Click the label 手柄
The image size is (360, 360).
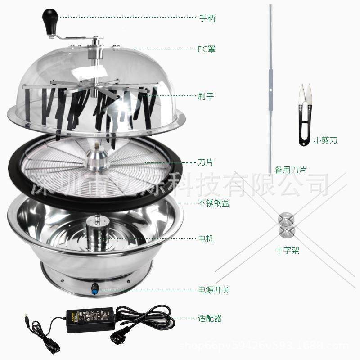[x=207, y=18]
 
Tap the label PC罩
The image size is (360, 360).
[x=207, y=49]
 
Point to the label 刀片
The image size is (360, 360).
[x=206, y=162]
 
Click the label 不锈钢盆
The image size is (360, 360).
[x=214, y=203]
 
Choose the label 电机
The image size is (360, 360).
[x=206, y=238]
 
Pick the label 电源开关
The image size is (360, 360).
[x=214, y=290]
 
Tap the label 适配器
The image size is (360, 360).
[x=210, y=319]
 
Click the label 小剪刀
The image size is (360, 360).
[x=325, y=140]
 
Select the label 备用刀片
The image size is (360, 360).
[x=290, y=170]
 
